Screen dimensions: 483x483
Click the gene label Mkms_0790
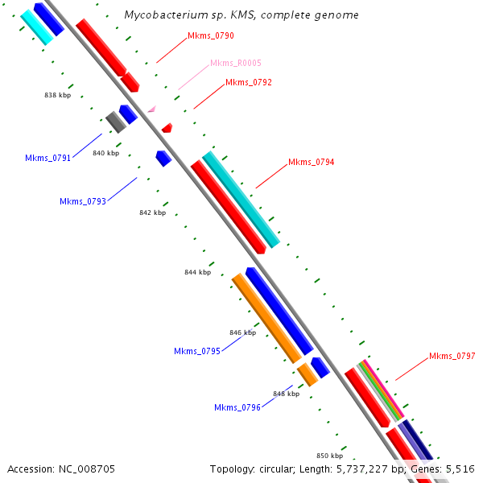210,36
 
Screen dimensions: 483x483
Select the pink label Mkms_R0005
235,63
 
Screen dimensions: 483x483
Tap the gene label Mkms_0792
249,82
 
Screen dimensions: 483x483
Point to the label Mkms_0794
311,163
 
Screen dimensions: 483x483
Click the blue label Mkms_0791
47,158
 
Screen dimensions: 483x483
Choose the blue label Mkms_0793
83,201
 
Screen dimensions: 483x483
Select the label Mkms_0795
197,351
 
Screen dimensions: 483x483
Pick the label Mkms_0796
237,407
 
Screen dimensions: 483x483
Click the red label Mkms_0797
452,356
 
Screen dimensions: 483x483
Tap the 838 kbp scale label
58,95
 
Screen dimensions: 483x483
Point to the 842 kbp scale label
152,213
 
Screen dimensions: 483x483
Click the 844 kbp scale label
197,272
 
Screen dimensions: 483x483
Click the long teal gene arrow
242,200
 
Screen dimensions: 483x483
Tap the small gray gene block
116,122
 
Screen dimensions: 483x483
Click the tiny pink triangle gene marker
151,108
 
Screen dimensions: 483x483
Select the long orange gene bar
266,317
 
